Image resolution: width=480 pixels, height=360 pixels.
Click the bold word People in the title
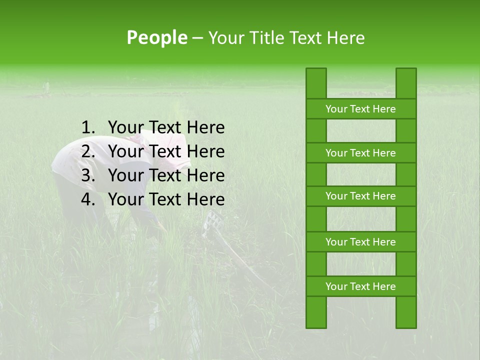click(157, 38)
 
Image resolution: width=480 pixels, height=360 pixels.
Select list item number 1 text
click(166, 128)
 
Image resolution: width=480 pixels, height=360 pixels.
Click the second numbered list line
click(166, 151)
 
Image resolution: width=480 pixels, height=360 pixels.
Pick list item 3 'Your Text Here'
click(166, 175)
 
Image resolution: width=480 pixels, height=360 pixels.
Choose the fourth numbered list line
click(166, 199)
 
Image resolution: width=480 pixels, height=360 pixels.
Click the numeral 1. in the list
click(88, 128)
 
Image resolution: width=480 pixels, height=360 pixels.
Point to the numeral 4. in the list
click(88, 199)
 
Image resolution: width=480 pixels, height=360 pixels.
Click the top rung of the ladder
click(360, 109)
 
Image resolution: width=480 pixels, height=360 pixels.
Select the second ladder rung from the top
click(360, 153)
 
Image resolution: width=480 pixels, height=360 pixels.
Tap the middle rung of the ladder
click(360, 196)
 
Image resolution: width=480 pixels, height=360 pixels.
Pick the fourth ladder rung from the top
click(360, 242)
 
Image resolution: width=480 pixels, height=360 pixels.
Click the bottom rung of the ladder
click(360, 286)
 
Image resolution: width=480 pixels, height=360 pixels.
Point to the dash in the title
click(197, 38)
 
